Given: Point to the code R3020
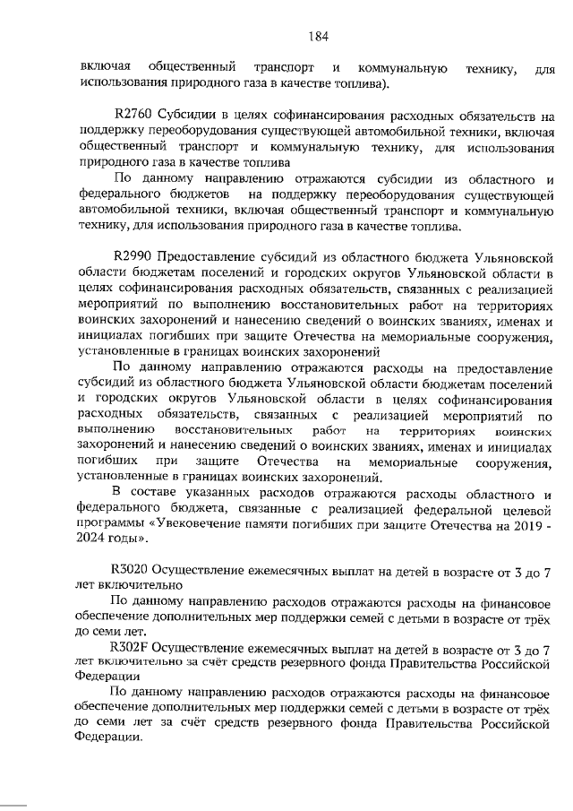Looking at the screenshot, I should point(132,568).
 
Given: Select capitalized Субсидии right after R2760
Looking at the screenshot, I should point(189,116).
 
